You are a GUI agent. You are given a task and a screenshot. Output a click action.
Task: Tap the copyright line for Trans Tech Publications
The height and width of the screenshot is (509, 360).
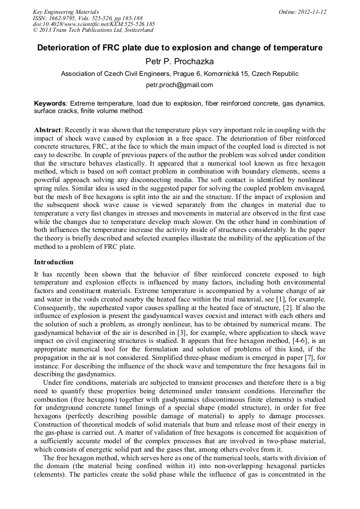(x=93, y=30)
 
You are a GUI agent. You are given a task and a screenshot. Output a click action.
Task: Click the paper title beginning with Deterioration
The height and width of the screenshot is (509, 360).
(x=179, y=48)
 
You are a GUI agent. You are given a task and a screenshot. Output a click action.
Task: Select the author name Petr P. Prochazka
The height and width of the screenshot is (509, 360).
(x=179, y=62)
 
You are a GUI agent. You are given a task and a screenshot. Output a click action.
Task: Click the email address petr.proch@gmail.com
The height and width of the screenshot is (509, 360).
(x=179, y=85)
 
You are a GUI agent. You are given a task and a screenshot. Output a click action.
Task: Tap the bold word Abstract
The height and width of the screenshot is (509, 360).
(x=47, y=130)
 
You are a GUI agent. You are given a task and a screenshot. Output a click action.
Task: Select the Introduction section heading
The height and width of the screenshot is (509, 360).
(x=54, y=262)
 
